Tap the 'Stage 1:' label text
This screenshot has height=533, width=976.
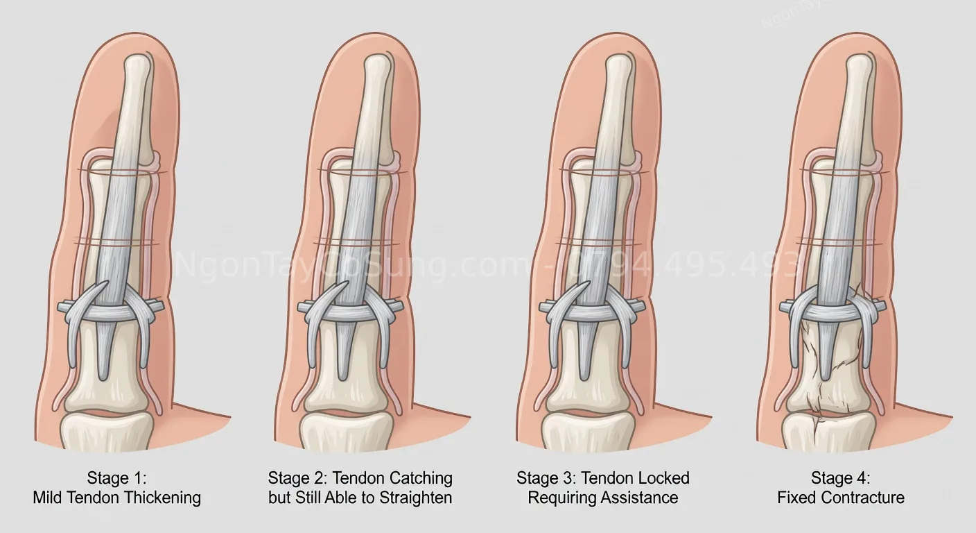tap(116, 478)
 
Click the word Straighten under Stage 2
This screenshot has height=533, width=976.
tap(416, 498)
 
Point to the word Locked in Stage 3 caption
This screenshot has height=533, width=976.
tap(664, 478)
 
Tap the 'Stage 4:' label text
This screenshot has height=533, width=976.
tap(841, 478)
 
